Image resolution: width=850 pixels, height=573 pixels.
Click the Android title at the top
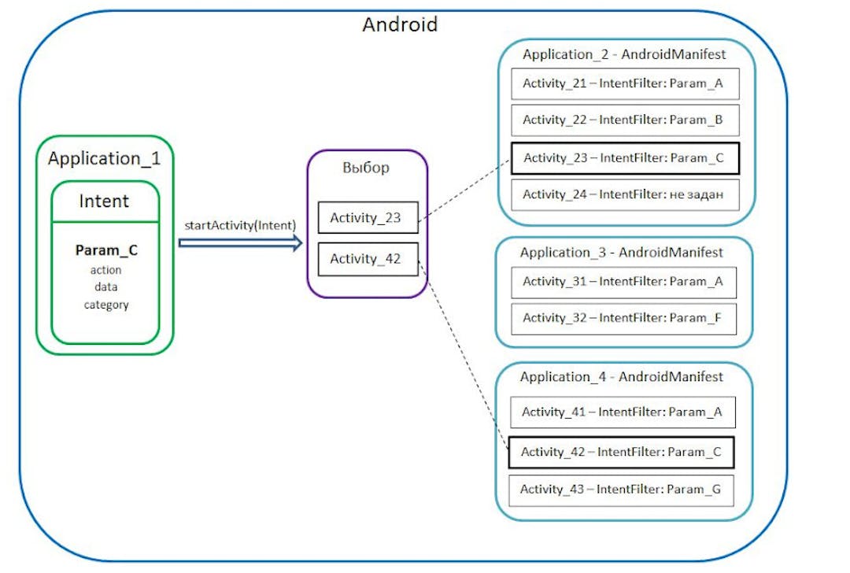tap(400, 24)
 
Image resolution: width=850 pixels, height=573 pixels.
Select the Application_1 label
tap(104, 158)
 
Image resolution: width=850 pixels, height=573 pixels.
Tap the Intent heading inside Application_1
tap(104, 201)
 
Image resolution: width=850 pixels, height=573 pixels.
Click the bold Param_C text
tap(106, 251)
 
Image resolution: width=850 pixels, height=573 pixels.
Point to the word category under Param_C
tap(106, 305)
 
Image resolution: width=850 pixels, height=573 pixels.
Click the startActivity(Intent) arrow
tap(240, 244)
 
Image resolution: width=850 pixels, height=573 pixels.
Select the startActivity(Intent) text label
tap(240, 225)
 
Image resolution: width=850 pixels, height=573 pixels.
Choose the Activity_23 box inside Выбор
tap(368, 218)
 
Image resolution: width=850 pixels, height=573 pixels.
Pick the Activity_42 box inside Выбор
tap(368, 259)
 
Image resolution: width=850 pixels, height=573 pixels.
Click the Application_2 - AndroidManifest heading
tap(624, 54)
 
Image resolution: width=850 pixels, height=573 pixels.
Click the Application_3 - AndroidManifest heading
tap(622, 253)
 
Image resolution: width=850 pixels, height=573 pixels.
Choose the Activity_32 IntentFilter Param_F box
tap(623, 318)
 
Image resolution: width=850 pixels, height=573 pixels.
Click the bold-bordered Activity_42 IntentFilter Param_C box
tap(622, 452)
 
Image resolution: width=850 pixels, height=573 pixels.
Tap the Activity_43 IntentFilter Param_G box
tap(622, 490)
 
